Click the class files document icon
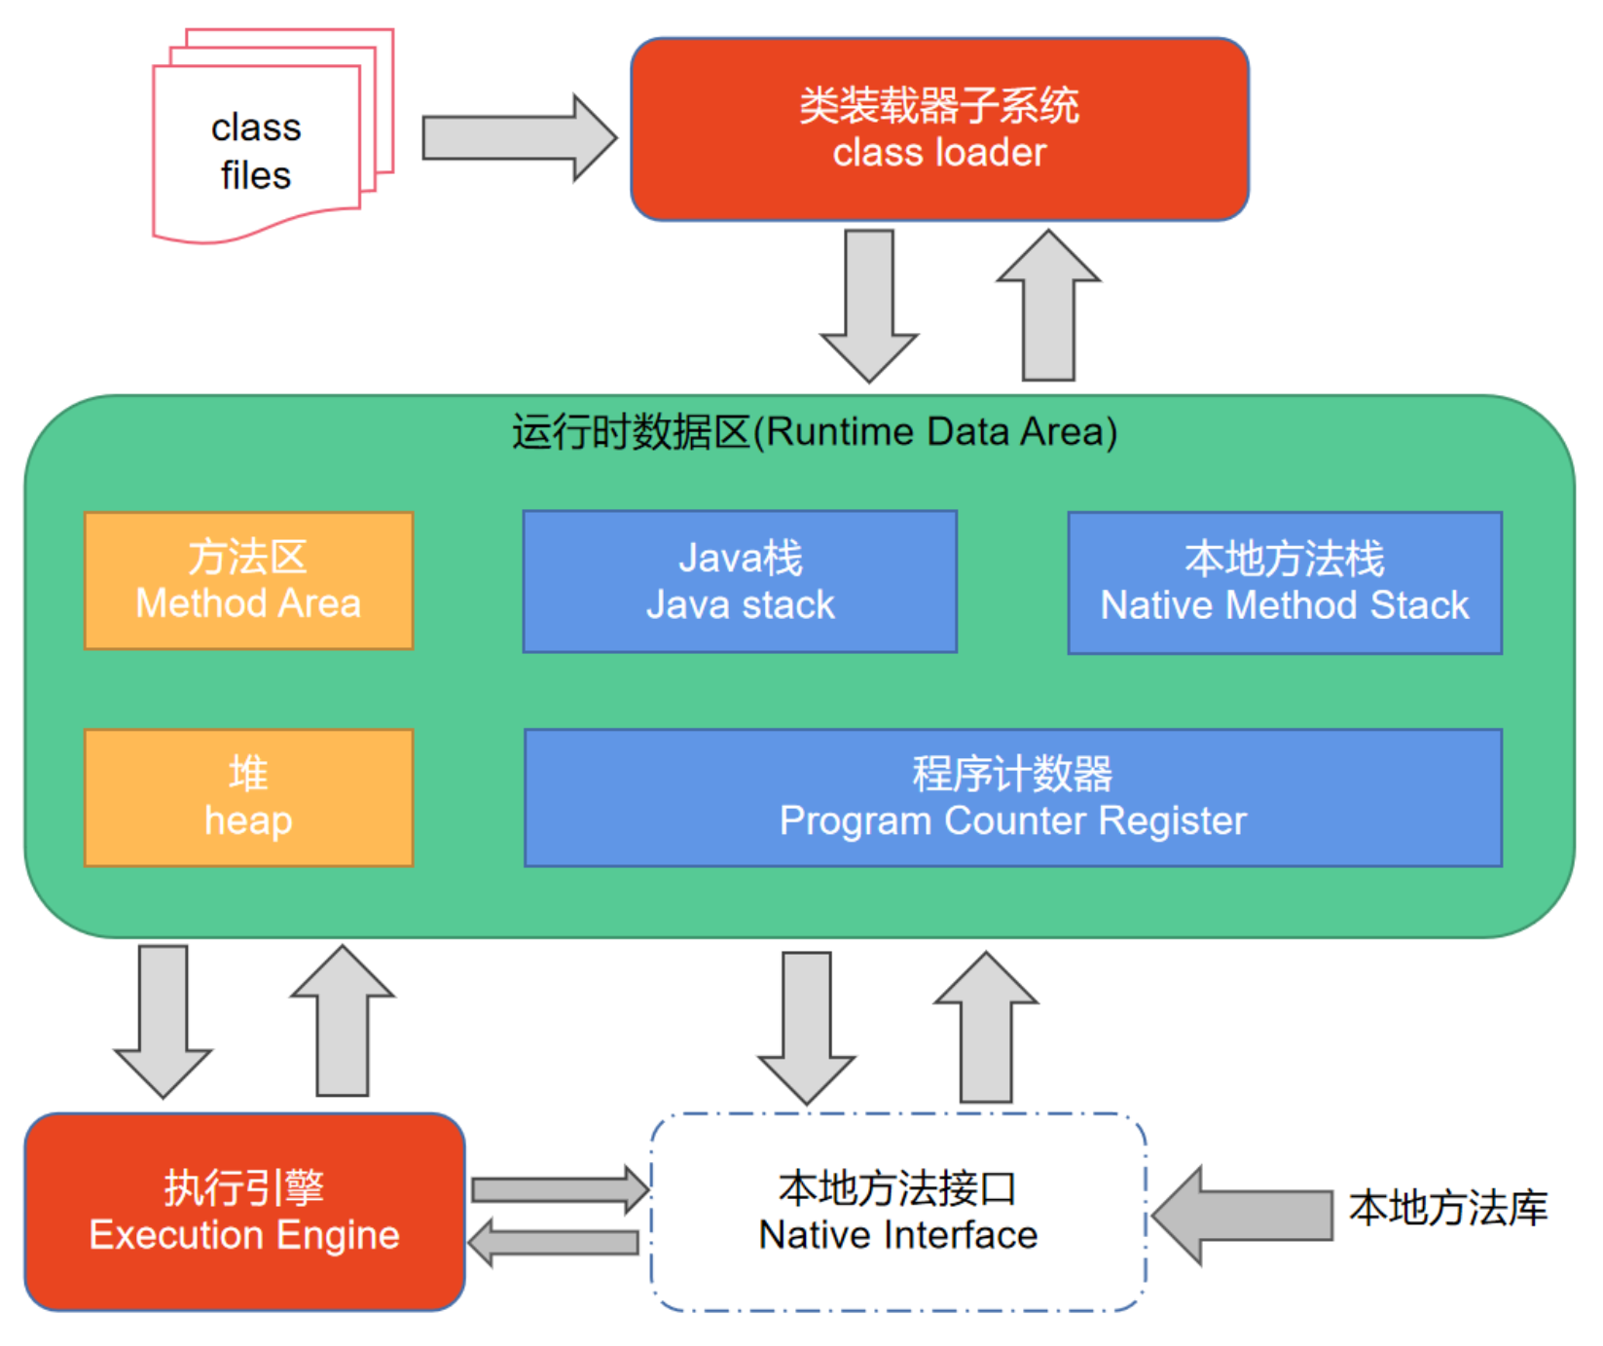[258, 146]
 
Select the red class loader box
[939, 129]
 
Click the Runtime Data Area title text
[815, 432]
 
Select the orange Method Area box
[249, 581]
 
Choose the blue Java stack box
[740, 582]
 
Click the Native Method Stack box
[1285, 583]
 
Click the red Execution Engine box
[244, 1212]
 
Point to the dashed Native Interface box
[898, 1212]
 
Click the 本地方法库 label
[1448, 1209]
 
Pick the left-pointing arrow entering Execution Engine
[554, 1242]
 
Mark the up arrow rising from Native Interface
[986, 1026]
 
